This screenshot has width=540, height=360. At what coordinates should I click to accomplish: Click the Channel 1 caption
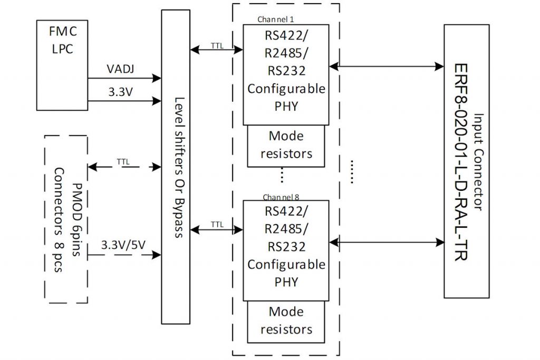(275, 20)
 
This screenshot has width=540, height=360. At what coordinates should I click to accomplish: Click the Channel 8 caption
(279, 197)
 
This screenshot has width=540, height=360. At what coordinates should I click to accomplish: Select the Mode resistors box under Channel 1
(286, 144)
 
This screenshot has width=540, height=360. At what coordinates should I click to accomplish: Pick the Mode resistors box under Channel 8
(286, 320)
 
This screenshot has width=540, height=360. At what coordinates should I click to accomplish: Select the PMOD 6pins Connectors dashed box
(66, 219)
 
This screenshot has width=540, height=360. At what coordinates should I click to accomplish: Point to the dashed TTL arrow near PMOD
(124, 167)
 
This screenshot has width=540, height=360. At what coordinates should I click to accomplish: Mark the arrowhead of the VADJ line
(157, 79)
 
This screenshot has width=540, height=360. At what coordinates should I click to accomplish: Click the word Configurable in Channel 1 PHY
(286, 89)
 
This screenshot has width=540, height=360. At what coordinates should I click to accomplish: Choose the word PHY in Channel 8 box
(286, 281)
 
